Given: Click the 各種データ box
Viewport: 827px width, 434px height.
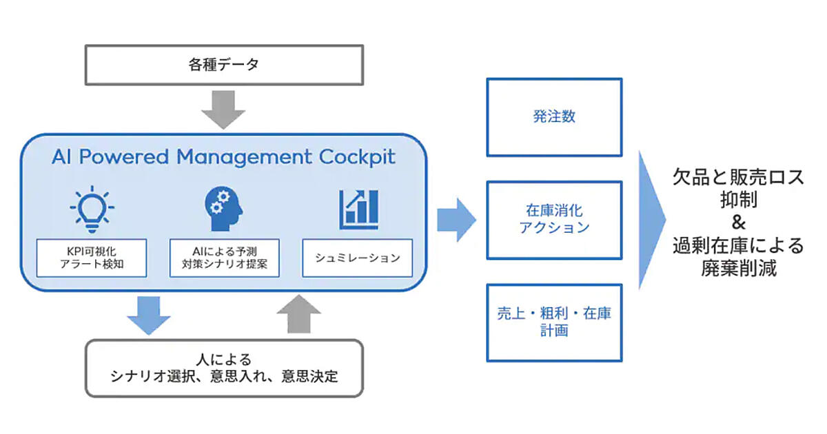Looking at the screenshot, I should coord(224,66).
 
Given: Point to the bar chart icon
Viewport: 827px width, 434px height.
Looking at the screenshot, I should coord(358,208).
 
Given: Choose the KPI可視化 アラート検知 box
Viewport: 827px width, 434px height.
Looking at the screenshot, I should coord(92,258).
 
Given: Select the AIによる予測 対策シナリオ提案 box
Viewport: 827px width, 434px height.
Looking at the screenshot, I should coord(224,258).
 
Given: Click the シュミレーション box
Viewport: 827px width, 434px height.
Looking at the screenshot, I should coord(357,258).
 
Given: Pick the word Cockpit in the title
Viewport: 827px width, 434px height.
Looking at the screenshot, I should coord(357,156).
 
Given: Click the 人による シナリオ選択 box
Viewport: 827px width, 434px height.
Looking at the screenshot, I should coord(224,368).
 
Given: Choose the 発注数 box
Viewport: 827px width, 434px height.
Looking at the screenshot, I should coord(554,117).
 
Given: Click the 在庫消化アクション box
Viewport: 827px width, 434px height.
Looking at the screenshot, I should coord(554,219).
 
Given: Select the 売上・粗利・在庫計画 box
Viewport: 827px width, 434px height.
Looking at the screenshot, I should coord(554,322).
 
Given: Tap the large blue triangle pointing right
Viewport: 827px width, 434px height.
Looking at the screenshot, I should coord(651,219).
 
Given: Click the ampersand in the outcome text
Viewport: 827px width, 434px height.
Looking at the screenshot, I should coord(738,223).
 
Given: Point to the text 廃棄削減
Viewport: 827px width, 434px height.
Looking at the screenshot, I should coord(738,269).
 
